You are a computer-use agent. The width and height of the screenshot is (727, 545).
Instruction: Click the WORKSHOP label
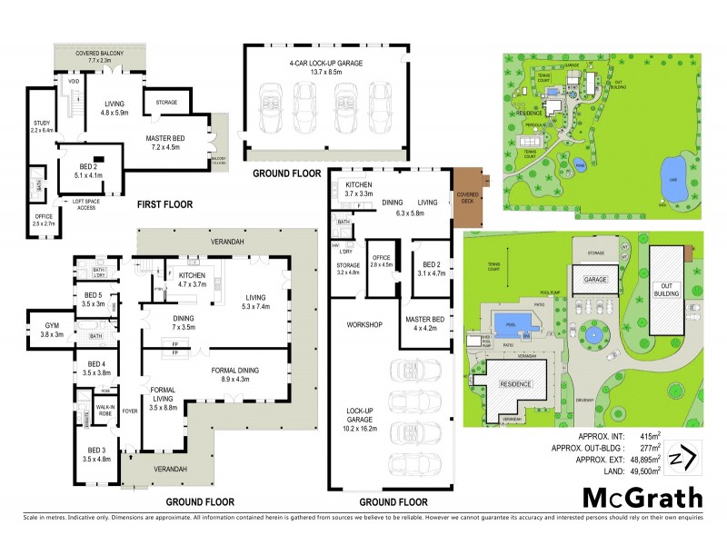(x=361, y=323)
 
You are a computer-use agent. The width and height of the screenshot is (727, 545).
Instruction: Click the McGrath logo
(x=642, y=497)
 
